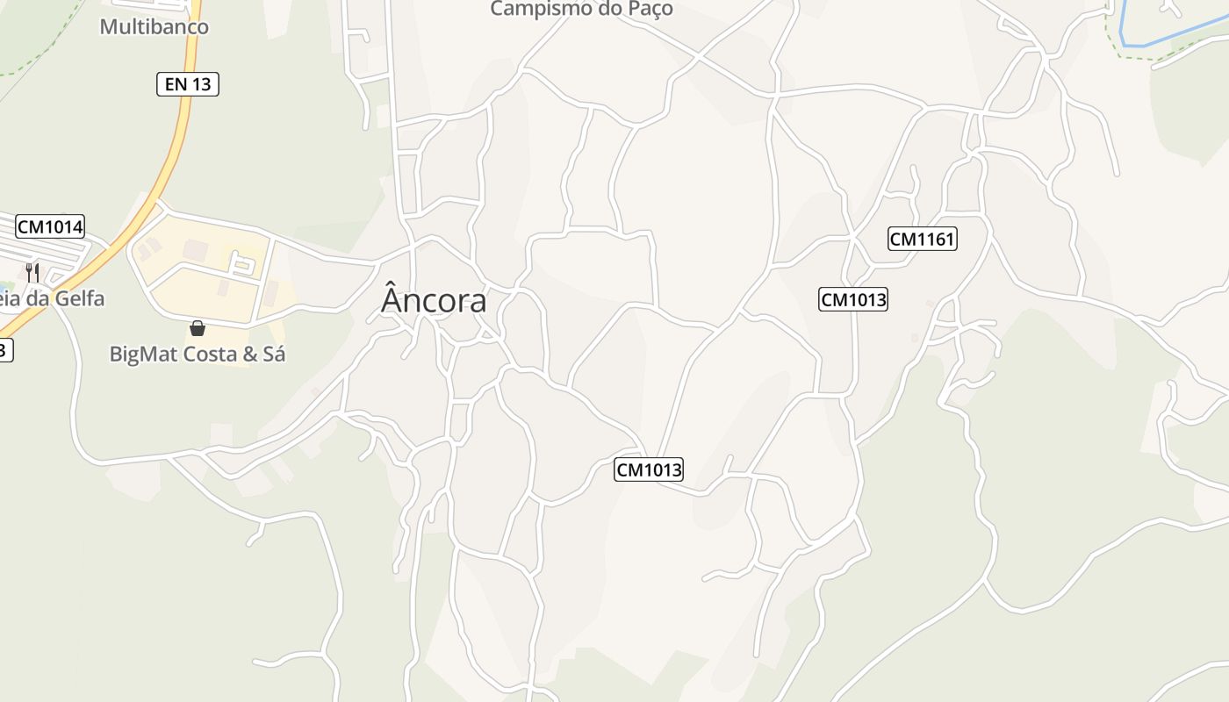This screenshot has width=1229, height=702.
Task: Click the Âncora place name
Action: pyautogui.click(x=434, y=301)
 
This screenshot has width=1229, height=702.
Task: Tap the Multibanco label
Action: pyautogui.click(x=154, y=26)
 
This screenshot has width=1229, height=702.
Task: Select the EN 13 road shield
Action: pyautogui.click(x=187, y=84)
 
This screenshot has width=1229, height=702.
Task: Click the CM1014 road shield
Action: pyautogui.click(x=50, y=227)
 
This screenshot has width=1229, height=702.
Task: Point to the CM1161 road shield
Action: pyautogui.click(x=922, y=239)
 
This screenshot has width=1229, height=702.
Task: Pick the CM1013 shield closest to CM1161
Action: pyautogui.click(x=853, y=300)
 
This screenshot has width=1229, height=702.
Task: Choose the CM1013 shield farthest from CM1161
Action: pyautogui.click(x=649, y=470)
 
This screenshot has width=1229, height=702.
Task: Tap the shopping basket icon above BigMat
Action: pyautogui.click(x=198, y=328)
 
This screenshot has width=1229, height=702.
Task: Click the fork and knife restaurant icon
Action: pyautogui.click(x=32, y=272)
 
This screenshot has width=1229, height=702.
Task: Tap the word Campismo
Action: pyautogui.click(x=541, y=10)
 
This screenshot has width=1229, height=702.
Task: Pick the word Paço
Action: pyautogui.click(x=648, y=10)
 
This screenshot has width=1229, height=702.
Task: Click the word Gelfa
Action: pyautogui.click(x=79, y=298)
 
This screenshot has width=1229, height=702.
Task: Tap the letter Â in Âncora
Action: pyautogui.click(x=392, y=300)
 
